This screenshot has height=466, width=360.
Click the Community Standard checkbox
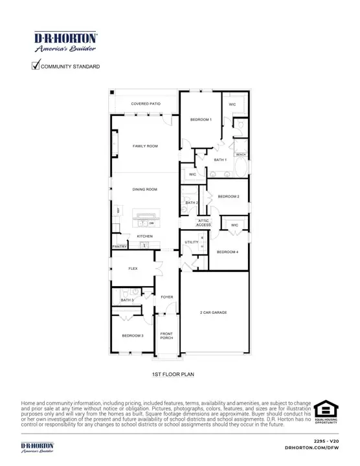(x=36, y=65)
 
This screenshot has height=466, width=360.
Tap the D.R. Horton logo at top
(x=65, y=41)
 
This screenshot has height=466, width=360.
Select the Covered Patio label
(x=146, y=104)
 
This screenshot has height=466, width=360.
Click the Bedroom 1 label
(x=201, y=120)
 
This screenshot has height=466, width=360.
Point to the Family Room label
(x=146, y=146)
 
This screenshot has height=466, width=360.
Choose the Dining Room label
(x=146, y=189)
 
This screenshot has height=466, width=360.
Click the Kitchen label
(x=144, y=236)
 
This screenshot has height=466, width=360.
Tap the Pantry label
(x=119, y=247)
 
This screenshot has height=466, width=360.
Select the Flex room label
(x=133, y=268)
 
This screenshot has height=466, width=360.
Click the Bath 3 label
(x=127, y=300)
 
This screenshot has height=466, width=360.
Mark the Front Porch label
(x=167, y=336)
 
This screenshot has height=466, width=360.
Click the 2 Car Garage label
(x=214, y=313)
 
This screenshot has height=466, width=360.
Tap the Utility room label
(x=192, y=242)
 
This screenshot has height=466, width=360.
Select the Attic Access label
(x=204, y=223)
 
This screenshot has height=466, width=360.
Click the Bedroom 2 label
(x=228, y=196)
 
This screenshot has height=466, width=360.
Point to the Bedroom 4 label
(x=228, y=251)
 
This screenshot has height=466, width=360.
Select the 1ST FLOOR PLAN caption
(x=169, y=374)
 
